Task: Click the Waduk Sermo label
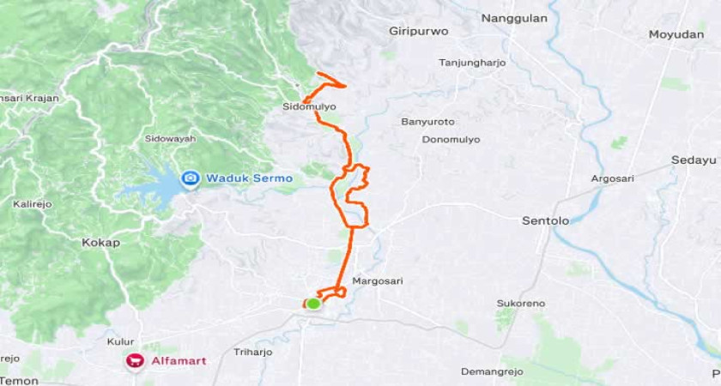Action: pyautogui.click(x=249, y=178)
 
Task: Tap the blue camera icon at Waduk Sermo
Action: pyautogui.click(x=190, y=179)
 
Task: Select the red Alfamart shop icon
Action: pyautogui.click(x=135, y=360)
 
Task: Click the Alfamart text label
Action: pyautogui.click(x=177, y=360)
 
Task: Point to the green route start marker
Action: pyautogui.click(x=313, y=303)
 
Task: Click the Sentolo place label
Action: pyautogui.click(x=545, y=220)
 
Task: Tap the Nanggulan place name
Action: pyautogui.click(x=514, y=18)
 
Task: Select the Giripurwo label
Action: pyautogui.click(x=419, y=31)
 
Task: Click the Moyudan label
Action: pyautogui.click(x=677, y=34)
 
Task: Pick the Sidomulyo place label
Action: pyautogui.click(x=309, y=107)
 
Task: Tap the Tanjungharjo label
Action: pyautogui.click(x=472, y=63)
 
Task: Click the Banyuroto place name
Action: pyautogui.click(x=427, y=122)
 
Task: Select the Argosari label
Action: pyautogui.click(x=613, y=178)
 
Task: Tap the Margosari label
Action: pyautogui.click(x=378, y=281)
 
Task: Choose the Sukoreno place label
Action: pyautogui.click(x=520, y=304)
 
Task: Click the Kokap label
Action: pyautogui.click(x=100, y=243)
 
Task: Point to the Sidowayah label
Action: pyautogui.click(x=170, y=138)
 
